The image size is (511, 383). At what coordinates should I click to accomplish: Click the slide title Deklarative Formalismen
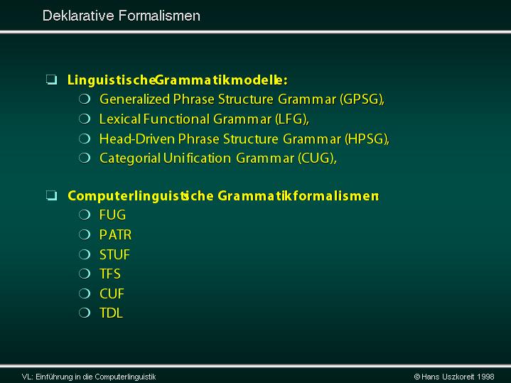[x=122, y=16]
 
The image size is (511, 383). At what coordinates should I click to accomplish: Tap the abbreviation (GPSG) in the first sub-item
[x=361, y=99]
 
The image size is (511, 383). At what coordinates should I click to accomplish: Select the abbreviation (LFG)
[x=291, y=119]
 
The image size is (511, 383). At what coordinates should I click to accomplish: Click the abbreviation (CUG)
[x=316, y=158]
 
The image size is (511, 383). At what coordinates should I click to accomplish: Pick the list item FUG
[x=112, y=215]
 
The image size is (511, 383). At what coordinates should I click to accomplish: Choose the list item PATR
[x=115, y=235]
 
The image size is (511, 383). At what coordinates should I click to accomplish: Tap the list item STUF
[x=114, y=254]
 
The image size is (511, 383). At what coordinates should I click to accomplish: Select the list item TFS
[x=110, y=274]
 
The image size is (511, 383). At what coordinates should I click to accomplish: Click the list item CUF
[x=112, y=293]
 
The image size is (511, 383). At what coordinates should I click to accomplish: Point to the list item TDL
[x=111, y=313]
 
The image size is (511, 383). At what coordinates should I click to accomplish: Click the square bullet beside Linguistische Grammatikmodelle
[x=51, y=80]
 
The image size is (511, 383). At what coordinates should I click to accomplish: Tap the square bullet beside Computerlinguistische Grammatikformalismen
[x=51, y=195]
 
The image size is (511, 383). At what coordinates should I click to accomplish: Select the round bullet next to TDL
[x=85, y=313]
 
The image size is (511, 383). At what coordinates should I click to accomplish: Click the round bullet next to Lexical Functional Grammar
[x=85, y=119]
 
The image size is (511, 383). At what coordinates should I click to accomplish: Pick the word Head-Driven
[x=137, y=139]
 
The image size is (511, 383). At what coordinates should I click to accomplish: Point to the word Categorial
[x=130, y=158]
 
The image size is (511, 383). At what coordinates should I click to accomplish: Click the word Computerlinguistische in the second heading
[x=141, y=196]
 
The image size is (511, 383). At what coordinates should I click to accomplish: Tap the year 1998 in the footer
[x=485, y=377]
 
